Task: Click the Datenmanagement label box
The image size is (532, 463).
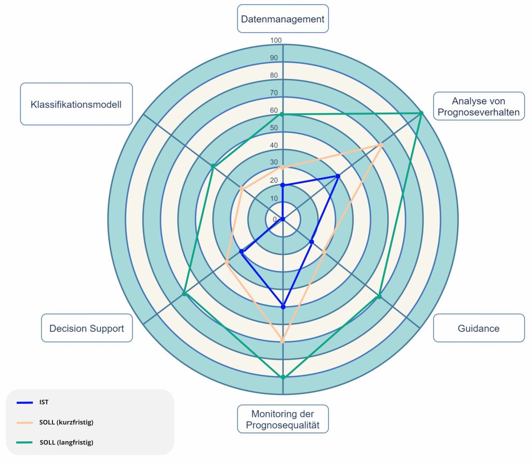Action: coord(283,19)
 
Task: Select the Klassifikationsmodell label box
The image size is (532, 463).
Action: coord(76,104)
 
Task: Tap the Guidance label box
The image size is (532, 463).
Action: coord(478,328)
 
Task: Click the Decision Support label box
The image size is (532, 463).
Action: coord(87,328)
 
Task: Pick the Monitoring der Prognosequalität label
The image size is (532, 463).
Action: coord(283,419)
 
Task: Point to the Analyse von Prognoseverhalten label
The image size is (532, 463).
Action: coord(478,106)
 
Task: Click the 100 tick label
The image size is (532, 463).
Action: coord(276,40)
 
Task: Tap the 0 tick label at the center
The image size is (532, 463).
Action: coord(275,219)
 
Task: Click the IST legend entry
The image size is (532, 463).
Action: coord(44,402)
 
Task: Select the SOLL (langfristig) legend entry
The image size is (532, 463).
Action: coord(66,443)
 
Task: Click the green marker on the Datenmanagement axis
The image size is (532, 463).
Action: coord(283,114)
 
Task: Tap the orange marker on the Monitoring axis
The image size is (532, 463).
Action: coord(283,341)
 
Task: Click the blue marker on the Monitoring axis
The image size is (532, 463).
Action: coord(283,307)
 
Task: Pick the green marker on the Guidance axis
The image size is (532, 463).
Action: coord(379,296)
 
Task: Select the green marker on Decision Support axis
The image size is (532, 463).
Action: coord(184,294)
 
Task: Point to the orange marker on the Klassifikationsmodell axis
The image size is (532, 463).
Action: coord(242,188)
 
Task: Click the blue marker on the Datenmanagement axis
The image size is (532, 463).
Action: coord(283,185)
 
